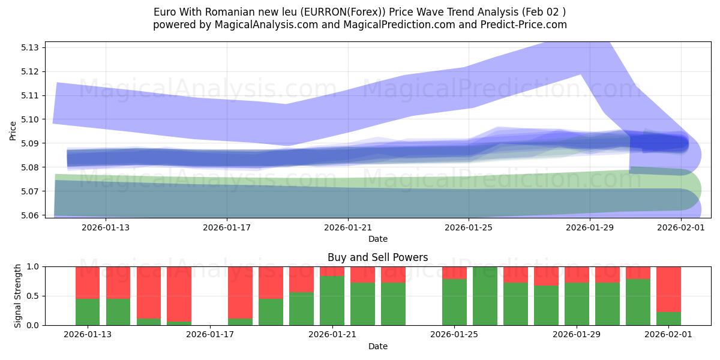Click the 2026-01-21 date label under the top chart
point(348,227)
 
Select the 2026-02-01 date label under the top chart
point(680,227)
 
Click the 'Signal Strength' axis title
point(18,295)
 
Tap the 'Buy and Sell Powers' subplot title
point(377,257)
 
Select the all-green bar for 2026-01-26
point(485,296)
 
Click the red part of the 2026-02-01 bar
point(668,289)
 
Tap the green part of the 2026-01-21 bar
point(332,300)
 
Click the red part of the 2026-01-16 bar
point(179,293)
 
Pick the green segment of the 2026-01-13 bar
point(88,311)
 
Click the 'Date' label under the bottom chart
point(377,346)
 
